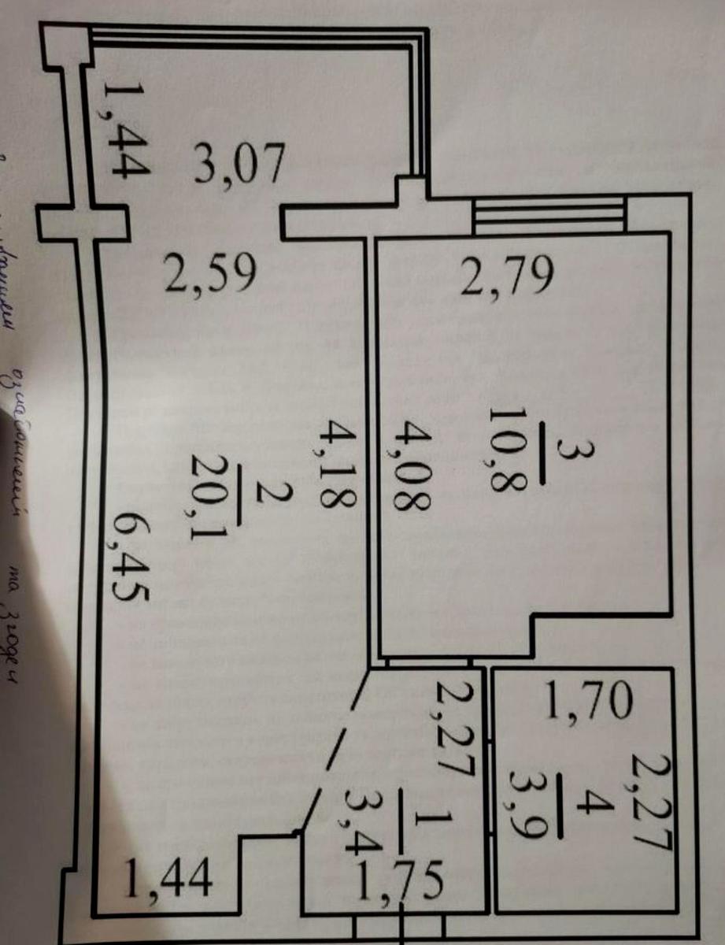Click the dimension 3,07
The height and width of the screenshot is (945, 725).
(236, 165)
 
